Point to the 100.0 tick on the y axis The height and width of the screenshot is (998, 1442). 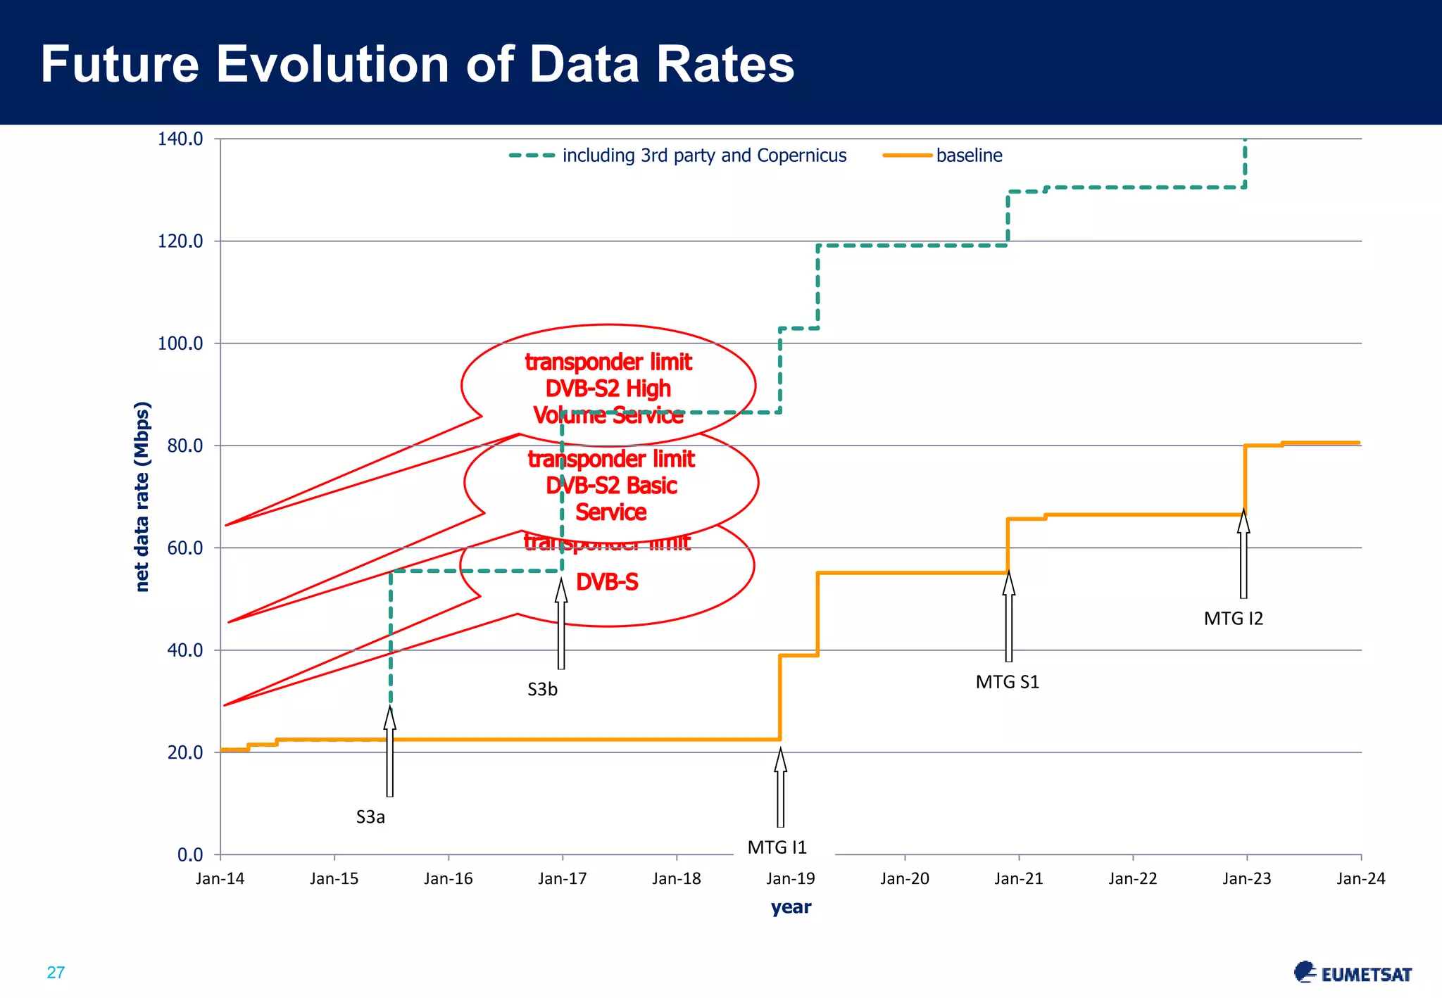(x=180, y=343)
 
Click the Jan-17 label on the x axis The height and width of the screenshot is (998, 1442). (x=562, y=878)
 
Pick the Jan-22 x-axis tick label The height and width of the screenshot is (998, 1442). (x=1132, y=878)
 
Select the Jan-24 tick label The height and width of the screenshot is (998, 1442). (x=1360, y=878)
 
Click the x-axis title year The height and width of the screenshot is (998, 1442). (x=791, y=907)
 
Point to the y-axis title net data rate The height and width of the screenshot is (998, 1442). (x=142, y=496)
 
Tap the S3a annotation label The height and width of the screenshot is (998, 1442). (x=370, y=817)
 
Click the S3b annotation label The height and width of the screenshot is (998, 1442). (x=542, y=690)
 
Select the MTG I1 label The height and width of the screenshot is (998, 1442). (x=777, y=847)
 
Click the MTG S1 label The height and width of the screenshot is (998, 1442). (x=1007, y=682)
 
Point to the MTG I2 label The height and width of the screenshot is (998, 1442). (x=1233, y=619)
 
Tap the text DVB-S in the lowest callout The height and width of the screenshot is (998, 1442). (x=607, y=582)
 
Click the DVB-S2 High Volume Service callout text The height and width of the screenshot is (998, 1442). (x=608, y=389)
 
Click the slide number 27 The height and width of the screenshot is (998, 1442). (x=56, y=973)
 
